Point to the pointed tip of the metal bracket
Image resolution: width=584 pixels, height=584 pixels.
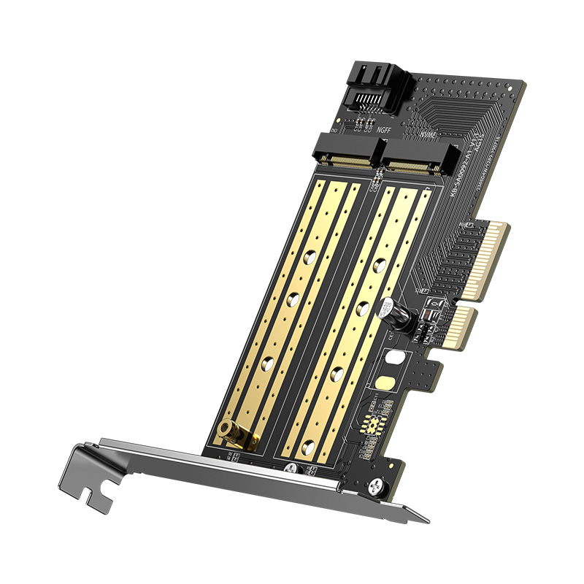pyautogui.click(x=426, y=520)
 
